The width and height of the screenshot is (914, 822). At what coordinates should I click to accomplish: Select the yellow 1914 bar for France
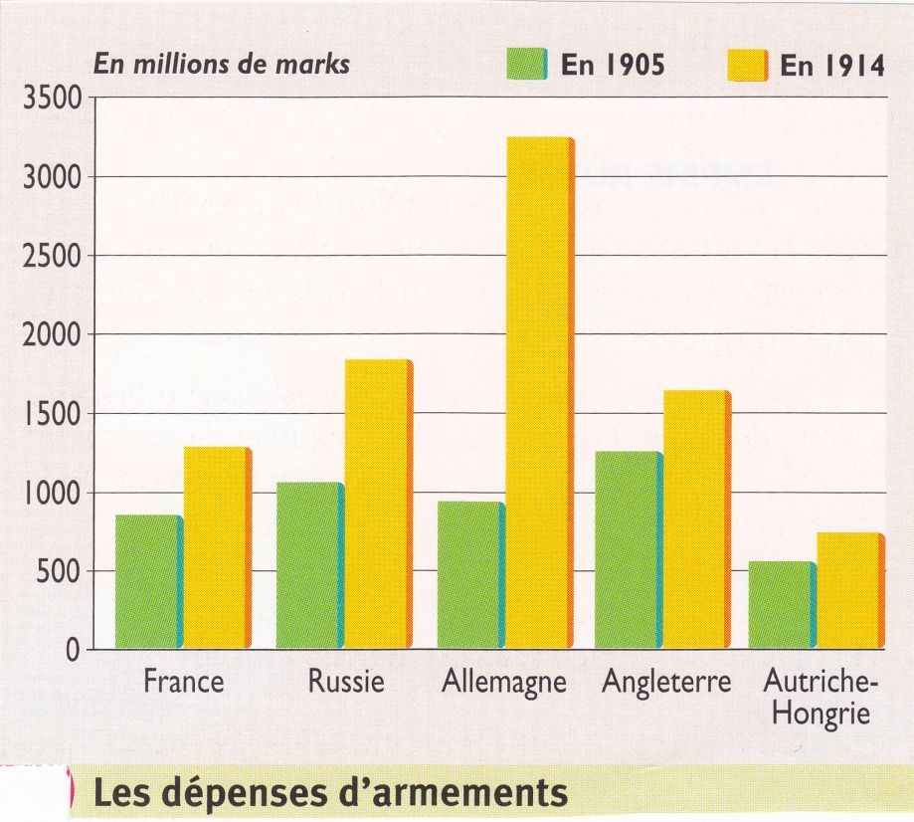coord(216,548)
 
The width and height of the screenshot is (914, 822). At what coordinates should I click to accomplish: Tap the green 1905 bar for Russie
coord(308,566)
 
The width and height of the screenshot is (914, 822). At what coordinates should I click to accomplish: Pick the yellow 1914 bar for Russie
coord(376,505)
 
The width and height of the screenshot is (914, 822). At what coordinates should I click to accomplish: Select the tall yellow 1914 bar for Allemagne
coord(538,393)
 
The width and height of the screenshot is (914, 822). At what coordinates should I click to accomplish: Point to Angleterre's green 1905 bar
coord(628,550)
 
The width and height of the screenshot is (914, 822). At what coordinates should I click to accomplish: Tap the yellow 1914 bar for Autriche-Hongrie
coord(848,591)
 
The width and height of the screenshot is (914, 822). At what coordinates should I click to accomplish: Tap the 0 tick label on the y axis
coord(73,652)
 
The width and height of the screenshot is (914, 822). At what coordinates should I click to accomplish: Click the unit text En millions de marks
coord(221,64)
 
